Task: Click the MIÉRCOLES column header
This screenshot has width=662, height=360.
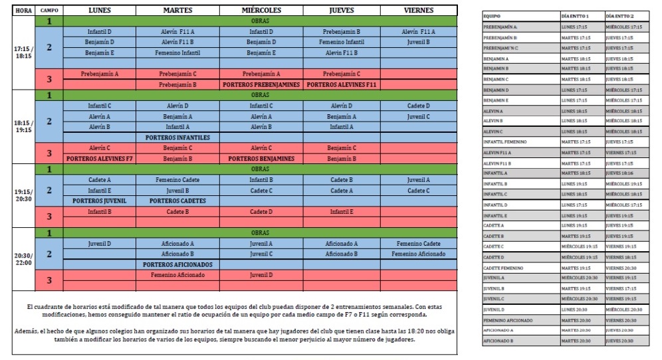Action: click(x=261, y=11)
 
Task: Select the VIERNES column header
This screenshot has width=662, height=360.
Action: click(x=418, y=11)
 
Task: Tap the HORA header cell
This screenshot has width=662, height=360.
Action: click(x=23, y=11)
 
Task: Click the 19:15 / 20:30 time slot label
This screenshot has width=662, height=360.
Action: click(x=23, y=196)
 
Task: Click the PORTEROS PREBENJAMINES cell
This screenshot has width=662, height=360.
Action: click(x=261, y=84)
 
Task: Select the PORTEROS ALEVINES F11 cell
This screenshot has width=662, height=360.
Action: click(x=341, y=84)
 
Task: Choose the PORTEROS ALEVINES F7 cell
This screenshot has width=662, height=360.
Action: click(x=100, y=158)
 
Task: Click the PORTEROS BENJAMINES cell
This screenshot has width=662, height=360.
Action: click(x=261, y=158)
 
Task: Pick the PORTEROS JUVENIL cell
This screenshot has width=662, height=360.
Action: click(x=100, y=201)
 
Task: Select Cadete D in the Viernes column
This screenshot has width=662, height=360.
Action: click(x=418, y=106)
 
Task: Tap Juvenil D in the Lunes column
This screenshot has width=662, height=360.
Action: click(x=100, y=243)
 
